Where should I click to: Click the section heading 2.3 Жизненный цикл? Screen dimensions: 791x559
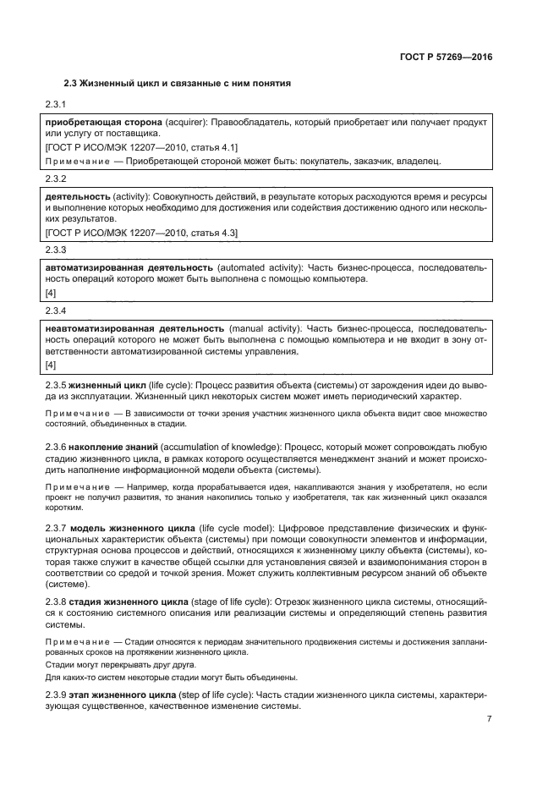point(178,84)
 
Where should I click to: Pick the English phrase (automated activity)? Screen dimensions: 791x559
point(256,266)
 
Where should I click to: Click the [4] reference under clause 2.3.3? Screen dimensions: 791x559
point(50,292)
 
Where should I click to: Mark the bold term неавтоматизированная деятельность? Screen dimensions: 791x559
point(134,328)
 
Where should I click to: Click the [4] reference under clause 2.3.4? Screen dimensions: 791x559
point(50,365)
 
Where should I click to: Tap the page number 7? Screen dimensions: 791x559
point(489,720)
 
